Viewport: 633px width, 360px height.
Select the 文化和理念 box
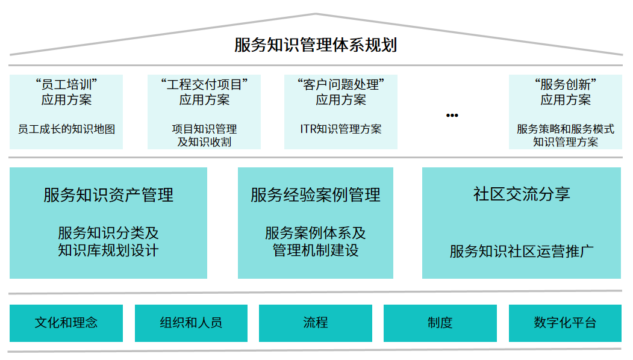66,323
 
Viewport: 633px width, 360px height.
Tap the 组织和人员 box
191,323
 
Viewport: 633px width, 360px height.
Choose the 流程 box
316,323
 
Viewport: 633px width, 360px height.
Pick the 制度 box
440,323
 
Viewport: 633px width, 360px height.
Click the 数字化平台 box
565,323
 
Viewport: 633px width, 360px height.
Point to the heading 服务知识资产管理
108,194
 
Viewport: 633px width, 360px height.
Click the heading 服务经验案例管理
316,194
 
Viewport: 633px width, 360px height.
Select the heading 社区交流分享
522,194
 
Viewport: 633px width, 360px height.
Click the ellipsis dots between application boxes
452,115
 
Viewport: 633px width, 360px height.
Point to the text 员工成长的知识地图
66,129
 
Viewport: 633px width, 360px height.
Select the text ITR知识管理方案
341,129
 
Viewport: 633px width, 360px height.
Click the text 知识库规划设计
108,250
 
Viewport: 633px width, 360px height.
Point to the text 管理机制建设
316,250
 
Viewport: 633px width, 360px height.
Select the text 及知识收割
204,142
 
